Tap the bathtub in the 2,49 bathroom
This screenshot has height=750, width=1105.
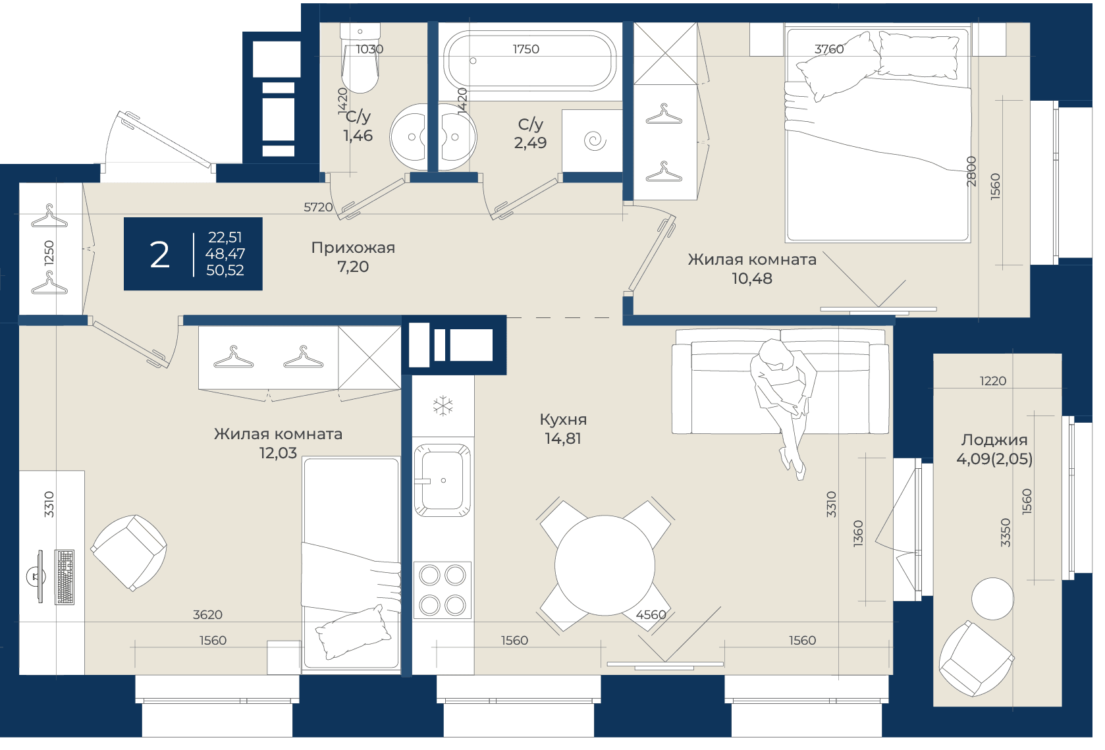tap(530, 61)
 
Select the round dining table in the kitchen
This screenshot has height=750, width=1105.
tap(605, 566)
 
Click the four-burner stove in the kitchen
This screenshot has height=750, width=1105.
tap(443, 590)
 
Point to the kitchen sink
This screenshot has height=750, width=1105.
tap(442, 480)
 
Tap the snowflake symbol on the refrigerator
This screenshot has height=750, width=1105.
tap(443, 406)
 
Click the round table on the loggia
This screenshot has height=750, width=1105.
tap(992, 599)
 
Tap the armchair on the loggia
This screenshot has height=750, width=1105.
tap(976, 658)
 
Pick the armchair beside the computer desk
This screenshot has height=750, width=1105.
tap(129, 552)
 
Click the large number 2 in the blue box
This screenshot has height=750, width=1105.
tap(159, 255)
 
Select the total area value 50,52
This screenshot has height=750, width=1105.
tap(225, 271)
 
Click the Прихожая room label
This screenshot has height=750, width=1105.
tap(353, 248)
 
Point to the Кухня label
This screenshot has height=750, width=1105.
tap(563, 419)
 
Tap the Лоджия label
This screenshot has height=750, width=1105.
tap(994, 440)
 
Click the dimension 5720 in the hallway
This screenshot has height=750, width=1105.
tap(318, 207)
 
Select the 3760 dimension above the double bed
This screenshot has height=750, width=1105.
tap(829, 49)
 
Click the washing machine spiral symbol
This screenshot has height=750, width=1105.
tap(595, 141)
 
